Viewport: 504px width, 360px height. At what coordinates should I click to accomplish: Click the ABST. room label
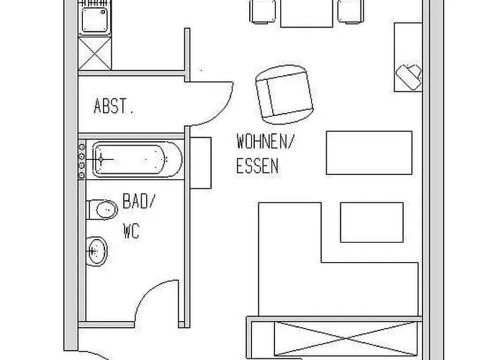click(x=114, y=108)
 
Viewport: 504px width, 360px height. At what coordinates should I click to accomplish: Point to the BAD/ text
click(x=138, y=202)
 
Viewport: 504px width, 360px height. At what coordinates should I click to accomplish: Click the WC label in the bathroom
click(x=130, y=232)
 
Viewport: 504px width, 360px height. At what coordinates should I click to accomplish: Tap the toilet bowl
click(x=102, y=210)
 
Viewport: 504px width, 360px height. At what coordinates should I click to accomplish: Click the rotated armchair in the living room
click(x=285, y=93)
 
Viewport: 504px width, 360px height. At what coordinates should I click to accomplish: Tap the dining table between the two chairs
click(x=307, y=12)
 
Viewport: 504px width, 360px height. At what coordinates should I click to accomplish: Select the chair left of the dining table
click(x=264, y=10)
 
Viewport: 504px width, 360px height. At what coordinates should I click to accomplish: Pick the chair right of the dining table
click(x=350, y=10)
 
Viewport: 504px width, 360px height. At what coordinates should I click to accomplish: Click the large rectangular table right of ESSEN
click(x=369, y=152)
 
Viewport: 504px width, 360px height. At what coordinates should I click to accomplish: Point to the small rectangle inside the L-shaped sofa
click(x=372, y=222)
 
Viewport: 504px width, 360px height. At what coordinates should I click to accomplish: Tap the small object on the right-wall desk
click(x=408, y=74)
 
